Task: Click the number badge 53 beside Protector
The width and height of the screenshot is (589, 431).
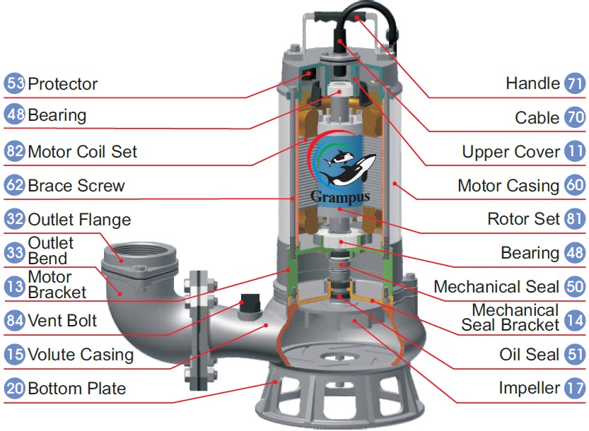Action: tap(14, 83)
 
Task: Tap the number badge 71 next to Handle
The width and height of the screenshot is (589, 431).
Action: tap(575, 83)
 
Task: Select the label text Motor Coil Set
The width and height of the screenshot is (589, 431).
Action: tap(82, 151)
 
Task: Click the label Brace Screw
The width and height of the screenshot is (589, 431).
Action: tap(76, 186)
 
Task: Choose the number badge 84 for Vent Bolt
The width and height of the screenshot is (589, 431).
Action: tap(14, 320)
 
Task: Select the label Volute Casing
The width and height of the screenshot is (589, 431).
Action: tap(80, 354)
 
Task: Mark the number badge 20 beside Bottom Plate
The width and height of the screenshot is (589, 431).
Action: tap(14, 388)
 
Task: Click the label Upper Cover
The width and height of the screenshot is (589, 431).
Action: tap(511, 151)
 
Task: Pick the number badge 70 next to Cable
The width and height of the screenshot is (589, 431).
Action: tap(575, 117)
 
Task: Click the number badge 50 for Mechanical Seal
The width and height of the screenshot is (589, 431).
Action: tap(575, 287)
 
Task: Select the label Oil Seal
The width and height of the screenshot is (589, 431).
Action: tap(529, 354)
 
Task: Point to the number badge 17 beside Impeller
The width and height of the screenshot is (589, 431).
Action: tap(575, 388)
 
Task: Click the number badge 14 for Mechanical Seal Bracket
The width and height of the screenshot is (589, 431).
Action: tap(575, 320)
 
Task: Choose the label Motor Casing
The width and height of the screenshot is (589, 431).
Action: tap(508, 186)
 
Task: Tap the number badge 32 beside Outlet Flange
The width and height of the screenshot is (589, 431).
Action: tap(14, 219)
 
